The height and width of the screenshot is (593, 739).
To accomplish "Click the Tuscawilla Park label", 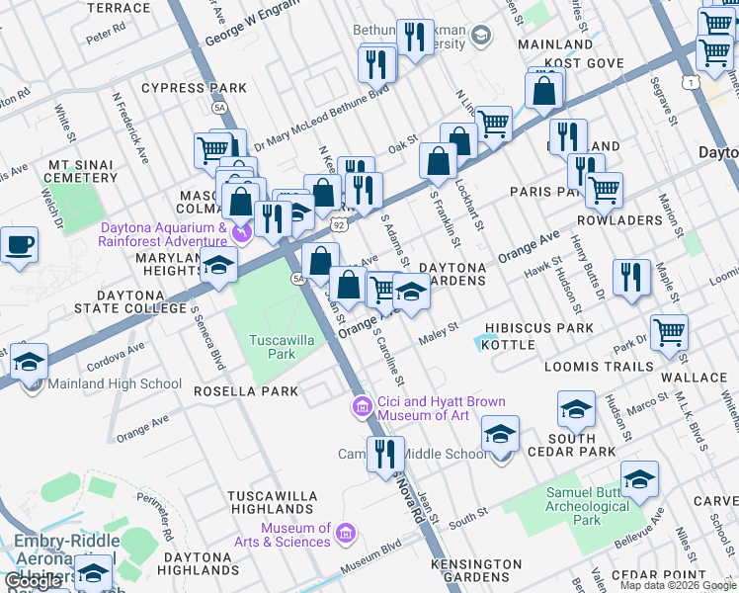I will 273,346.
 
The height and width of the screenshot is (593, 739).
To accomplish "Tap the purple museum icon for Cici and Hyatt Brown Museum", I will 362,406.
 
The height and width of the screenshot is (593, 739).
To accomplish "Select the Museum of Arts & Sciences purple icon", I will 345,535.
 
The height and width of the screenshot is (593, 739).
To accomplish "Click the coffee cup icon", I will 18,245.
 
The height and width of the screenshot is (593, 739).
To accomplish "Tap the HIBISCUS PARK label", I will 539,328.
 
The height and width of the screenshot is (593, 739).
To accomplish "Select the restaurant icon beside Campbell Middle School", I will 385,454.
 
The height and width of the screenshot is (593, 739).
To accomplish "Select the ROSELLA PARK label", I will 246,391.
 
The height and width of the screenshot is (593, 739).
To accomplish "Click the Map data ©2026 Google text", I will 678,585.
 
